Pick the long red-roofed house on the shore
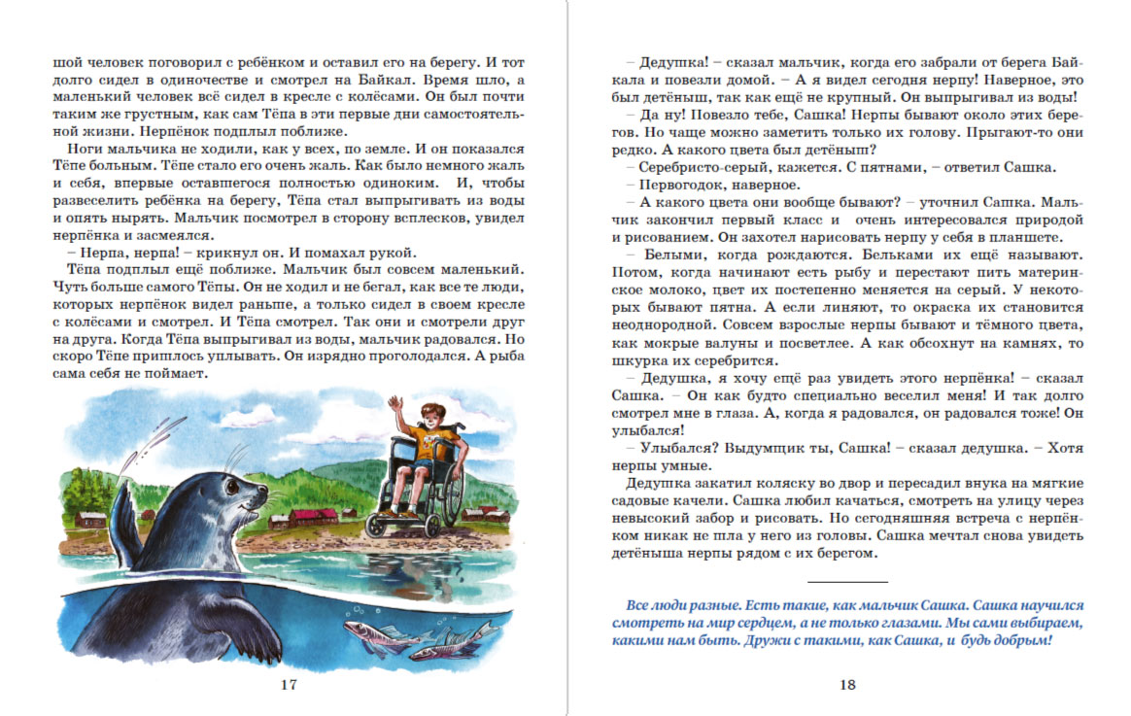(313, 517)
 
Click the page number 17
(288, 685)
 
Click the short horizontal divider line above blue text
(847, 581)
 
